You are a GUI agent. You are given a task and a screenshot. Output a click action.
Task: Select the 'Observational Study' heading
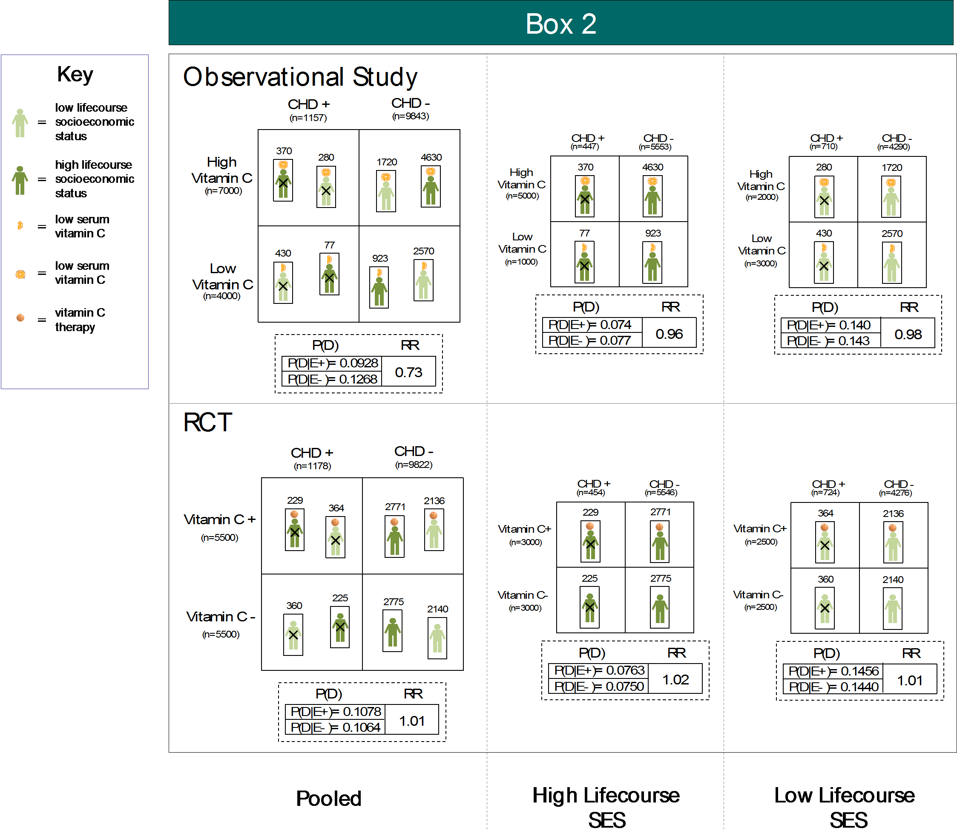pos(300,77)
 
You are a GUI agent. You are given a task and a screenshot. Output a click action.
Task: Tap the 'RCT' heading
pos(208,422)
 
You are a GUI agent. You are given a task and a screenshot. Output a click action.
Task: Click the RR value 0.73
pos(408,372)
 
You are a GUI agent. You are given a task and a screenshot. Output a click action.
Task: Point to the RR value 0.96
pos(669,334)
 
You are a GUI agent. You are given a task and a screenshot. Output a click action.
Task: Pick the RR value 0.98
pos(908,335)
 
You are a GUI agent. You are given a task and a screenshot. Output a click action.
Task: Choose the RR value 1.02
pos(675,680)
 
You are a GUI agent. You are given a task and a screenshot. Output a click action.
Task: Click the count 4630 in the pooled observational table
pos(431,157)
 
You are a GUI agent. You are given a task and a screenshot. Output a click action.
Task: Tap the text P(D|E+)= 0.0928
pos(332,363)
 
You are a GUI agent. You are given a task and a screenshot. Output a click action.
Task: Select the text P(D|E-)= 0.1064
pos(335,727)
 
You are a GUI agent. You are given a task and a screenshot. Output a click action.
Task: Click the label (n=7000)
pos(223,190)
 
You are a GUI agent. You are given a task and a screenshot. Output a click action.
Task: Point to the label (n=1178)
pos(312,466)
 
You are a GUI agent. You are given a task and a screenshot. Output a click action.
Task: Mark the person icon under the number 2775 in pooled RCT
pos(393,631)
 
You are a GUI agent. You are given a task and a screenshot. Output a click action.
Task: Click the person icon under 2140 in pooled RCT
pos(437,638)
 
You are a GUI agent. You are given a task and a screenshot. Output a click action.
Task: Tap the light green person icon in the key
pos(20,123)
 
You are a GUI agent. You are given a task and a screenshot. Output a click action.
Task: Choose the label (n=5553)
pos(655,147)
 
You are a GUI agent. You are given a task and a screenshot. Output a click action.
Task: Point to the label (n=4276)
pos(895,492)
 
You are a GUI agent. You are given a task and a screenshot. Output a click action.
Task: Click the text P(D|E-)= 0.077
pos(589,341)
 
